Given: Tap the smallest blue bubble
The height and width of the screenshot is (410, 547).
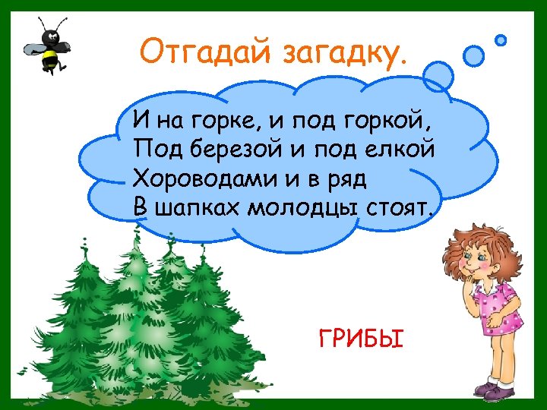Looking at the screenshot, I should coord(501,39).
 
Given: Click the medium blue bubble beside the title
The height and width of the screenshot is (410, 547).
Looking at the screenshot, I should coord(474,55).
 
